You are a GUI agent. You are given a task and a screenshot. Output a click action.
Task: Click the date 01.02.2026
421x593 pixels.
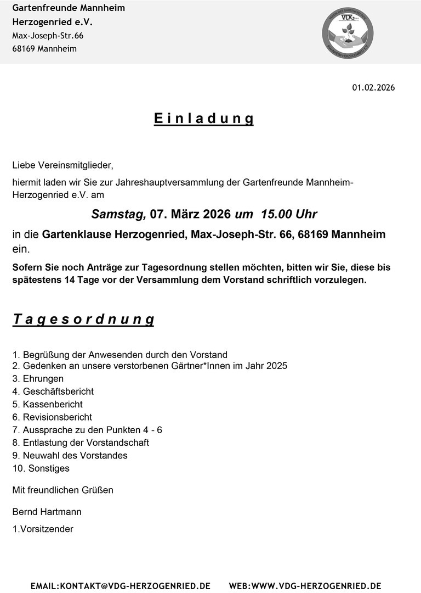click(x=373, y=88)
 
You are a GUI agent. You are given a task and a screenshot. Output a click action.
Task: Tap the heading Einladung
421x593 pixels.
click(x=203, y=119)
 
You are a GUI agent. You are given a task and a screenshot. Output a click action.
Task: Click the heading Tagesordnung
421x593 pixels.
click(x=83, y=320)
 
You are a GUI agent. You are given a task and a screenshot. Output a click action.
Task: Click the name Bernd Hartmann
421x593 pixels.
click(x=47, y=512)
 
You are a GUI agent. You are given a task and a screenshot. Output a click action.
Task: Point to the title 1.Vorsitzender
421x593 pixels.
click(x=43, y=529)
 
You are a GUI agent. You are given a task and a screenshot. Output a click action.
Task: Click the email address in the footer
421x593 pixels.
click(x=121, y=586)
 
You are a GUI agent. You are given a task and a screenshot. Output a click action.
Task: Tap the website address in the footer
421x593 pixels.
click(x=305, y=586)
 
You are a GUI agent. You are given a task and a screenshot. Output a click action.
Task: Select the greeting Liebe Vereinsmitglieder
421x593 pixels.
click(x=62, y=165)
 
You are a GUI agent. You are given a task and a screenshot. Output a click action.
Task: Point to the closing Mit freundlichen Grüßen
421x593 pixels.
click(x=62, y=490)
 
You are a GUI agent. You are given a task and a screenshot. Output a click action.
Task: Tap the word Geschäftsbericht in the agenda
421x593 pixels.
click(x=58, y=391)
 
